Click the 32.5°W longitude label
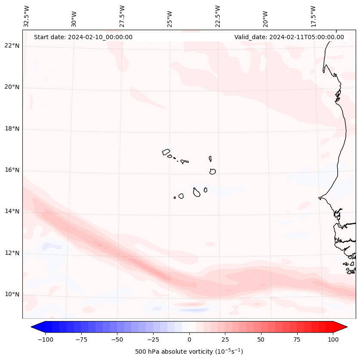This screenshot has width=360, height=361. click(x=27, y=16)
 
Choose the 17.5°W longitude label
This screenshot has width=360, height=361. click(x=313, y=16)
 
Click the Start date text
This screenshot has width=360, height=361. click(x=83, y=37)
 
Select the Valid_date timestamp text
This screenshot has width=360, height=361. click(x=289, y=37)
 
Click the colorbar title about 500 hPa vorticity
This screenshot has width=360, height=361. click(x=189, y=352)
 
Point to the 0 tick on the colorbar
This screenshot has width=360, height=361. click(x=189, y=339)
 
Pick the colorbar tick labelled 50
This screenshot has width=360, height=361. click(x=261, y=339)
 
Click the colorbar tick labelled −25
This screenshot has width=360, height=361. click(x=153, y=339)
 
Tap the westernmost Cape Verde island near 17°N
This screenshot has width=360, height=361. click(x=166, y=152)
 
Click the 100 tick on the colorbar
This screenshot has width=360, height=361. click(x=333, y=339)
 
